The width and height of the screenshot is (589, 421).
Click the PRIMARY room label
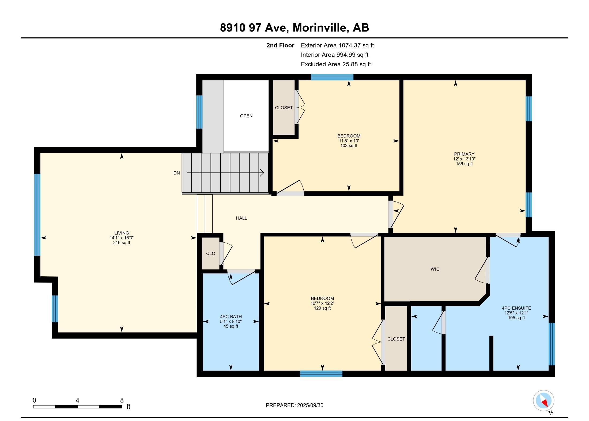[464, 154]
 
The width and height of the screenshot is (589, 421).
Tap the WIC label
[435, 269]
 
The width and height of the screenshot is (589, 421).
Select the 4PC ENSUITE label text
[516, 308]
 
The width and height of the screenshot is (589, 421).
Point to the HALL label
[241, 218]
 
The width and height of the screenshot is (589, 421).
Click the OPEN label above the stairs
[246, 116]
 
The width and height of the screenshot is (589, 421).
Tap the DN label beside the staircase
[176, 173]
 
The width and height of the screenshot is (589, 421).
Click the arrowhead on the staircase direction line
[262, 173]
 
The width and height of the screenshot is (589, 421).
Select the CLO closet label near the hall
[210, 253]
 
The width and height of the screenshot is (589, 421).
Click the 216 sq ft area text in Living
[122, 243]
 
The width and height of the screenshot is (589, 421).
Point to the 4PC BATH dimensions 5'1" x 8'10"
[231, 322]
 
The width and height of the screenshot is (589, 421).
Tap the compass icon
[543, 401]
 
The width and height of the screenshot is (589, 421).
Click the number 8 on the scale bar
[122, 400]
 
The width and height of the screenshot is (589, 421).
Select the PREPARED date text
[294, 405]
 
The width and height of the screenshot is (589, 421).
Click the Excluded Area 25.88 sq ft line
[336, 64]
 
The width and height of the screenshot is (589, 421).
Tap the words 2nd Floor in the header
[280, 45]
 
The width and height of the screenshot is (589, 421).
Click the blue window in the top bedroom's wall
[332, 77]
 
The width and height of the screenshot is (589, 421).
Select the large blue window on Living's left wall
[37, 215]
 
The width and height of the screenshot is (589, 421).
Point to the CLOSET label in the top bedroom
[284, 108]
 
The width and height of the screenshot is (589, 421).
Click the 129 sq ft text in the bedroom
[322, 308]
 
